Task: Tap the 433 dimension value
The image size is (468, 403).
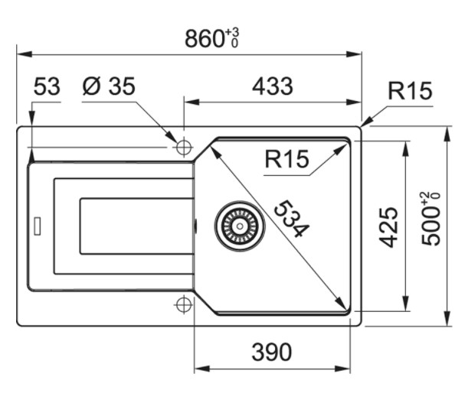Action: pos(272,86)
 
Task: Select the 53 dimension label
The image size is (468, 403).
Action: pos(46,87)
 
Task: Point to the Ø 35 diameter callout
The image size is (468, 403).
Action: pos(108,87)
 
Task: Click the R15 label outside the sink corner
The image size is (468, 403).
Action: pos(409,92)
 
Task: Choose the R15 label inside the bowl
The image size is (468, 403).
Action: pos(286,160)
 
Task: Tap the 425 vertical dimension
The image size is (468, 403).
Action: pos(389,226)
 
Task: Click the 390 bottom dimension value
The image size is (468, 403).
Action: pos(272,352)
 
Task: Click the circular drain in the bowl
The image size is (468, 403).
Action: pos(239,227)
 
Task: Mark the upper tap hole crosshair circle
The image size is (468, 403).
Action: pos(184,147)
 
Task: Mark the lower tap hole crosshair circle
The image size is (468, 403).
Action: pos(184,304)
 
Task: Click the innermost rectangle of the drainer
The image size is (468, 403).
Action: pos(136,226)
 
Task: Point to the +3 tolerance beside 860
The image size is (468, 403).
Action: pos(233,34)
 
